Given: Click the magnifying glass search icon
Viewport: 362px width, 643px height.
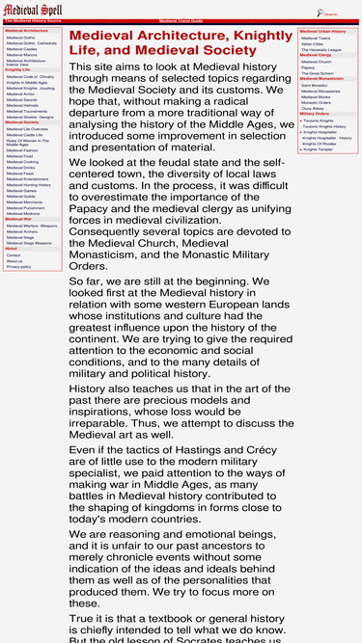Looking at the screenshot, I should [x=320, y=13].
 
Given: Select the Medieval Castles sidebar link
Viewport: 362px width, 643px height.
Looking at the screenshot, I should [x=21, y=48].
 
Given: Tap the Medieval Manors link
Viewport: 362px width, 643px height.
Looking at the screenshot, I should [x=21, y=54].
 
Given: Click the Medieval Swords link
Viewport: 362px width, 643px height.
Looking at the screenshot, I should [x=21, y=99].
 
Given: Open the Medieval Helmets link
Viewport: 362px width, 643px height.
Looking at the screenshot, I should [x=22, y=105].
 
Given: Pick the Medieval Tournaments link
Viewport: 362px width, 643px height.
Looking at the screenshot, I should [x=26, y=111].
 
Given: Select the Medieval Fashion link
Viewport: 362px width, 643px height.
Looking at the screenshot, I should [x=22, y=150].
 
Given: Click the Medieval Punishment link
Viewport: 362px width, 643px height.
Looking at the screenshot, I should [x=25, y=207].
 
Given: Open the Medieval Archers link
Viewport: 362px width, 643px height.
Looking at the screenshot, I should [x=22, y=231].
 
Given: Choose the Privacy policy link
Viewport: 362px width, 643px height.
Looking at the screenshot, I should [x=18, y=266].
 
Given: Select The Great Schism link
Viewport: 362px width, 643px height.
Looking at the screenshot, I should [x=317, y=73].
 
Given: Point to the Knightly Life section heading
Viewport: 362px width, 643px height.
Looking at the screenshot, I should [x=17, y=69].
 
